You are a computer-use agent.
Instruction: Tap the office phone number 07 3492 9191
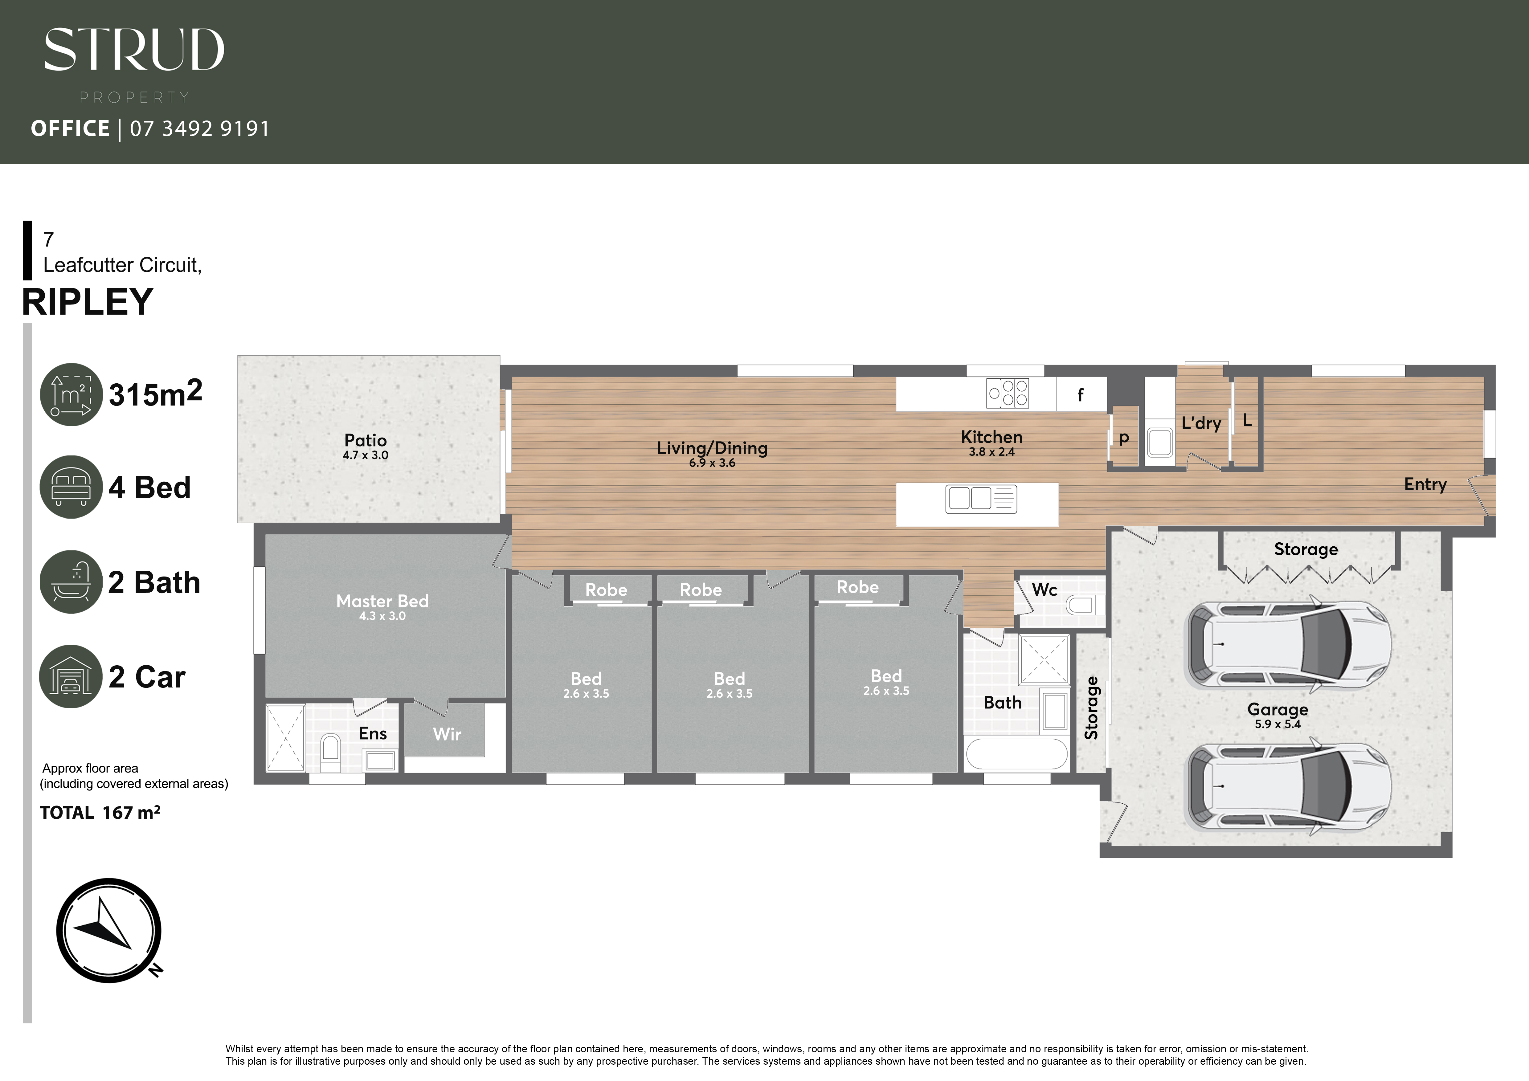200,128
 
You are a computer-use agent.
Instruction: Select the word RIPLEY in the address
88,302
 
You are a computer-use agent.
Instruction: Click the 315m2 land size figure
155,394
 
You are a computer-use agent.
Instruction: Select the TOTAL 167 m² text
100,813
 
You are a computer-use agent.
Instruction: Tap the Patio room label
365,441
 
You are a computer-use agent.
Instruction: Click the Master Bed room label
382,601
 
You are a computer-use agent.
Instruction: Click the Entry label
1425,485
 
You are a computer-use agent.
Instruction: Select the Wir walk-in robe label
447,734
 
